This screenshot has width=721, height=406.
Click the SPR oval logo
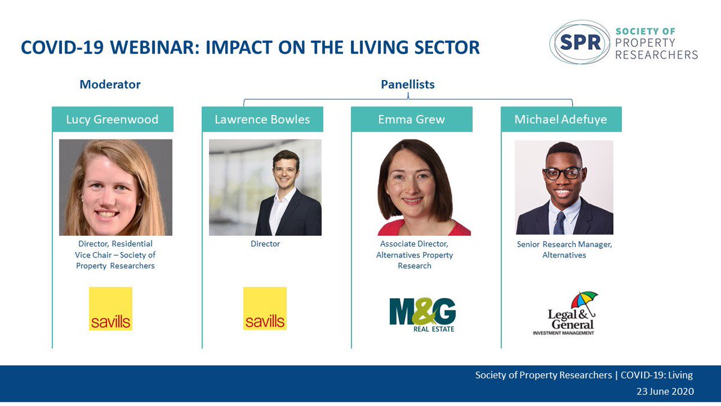pyautogui.click(x=580, y=42)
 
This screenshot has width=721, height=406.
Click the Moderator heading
pyautogui.click(x=110, y=84)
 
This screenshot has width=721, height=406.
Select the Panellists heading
pyautogui.click(x=408, y=84)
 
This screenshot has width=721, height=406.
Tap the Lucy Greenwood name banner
pyautogui.click(x=113, y=119)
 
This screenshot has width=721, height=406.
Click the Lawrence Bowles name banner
pyautogui.click(x=263, y=119)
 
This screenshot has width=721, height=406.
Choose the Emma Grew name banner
pyautogui.click(x=412, y=119)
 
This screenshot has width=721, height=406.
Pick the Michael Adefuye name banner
pyautogui.click(x=561, y=119)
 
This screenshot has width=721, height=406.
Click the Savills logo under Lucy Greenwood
pyautogui.click(x=111, y=309)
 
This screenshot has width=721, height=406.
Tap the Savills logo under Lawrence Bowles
pyautogui.click(x=265, y=309)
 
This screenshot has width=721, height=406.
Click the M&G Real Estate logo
pyautogui.click(x=422, y=315)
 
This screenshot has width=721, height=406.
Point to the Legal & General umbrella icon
pyautogui.click(x=584, y=303)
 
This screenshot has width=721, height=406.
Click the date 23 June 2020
pyautogui.click(x=665, y=391)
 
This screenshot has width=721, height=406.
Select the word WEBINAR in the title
pyautogui.click(x=153, y=48)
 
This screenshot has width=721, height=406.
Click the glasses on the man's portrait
pyautogui.click(x=562, y=173)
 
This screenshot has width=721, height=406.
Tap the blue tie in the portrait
pyautogui.click(x=560, y=223)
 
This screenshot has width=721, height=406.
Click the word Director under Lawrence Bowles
pyautogui.click(x=265, y=244)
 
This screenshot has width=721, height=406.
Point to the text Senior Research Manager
pyautogui.click(x=564, y=245)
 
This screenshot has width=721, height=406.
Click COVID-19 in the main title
pyautogui.click(x=62, y=48)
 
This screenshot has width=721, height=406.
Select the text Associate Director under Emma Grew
pyautogui.click(x=414, y=244)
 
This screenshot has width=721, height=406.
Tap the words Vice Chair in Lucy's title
pyautogui.click(x=93, y=255)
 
